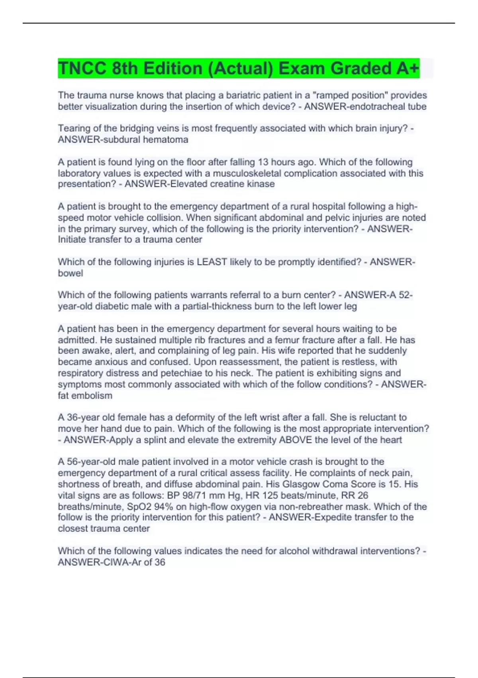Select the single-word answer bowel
pyautogui.click(x=71, y=273)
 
